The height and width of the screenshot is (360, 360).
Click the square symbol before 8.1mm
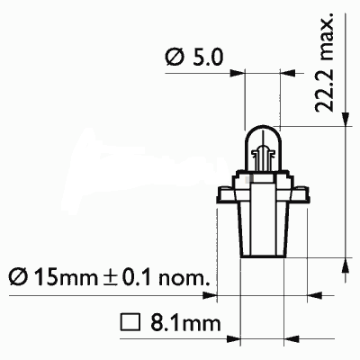point(128,320)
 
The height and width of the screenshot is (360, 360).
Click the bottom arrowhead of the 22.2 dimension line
point(346,262)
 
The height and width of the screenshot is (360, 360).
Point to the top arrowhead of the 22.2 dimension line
point(346,131)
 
